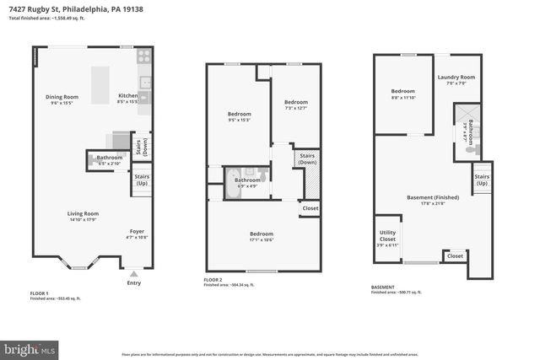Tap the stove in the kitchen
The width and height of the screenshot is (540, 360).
143,57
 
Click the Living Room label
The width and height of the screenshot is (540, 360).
84,216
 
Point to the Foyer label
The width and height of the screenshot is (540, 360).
136,234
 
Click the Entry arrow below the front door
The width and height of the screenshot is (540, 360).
133,273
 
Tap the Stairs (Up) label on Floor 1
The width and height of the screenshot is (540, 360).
142,180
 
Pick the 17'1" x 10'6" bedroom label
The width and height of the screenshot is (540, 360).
261,236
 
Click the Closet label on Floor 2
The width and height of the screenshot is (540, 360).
310,208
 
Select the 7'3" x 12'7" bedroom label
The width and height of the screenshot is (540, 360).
296,105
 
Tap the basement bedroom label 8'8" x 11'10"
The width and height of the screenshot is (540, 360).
402,94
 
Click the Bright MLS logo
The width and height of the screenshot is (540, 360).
30,347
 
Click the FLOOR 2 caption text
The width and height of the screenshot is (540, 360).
213,279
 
